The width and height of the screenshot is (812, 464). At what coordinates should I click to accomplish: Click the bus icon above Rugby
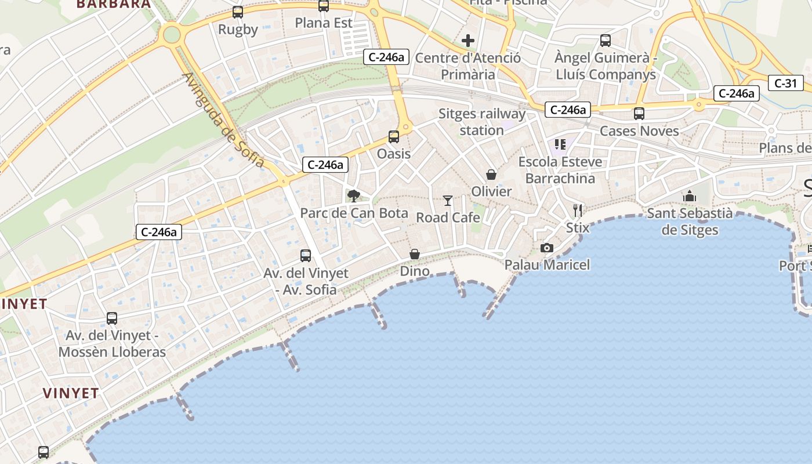238,12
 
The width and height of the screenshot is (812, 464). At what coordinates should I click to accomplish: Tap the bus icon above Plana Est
324,6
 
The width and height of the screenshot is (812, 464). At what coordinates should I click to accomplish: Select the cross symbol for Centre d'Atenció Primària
468,41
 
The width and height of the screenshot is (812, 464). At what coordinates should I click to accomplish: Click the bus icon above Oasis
394,137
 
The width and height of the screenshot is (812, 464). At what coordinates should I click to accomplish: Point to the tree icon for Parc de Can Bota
353,196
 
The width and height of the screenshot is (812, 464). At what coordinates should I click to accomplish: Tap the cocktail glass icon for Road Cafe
448,201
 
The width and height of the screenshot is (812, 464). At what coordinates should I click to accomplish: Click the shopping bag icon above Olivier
491,175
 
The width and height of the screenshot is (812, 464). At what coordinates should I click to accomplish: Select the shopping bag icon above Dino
415,254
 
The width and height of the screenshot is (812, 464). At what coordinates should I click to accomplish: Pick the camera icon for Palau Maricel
546,248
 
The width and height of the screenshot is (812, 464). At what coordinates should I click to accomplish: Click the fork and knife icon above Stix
578,210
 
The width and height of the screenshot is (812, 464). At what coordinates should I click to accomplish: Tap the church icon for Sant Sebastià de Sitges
690,197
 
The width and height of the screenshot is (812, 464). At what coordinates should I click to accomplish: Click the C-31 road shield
786,83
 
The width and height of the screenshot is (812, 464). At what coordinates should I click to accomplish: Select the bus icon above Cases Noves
639,114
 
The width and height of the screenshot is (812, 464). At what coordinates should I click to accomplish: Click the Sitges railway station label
481,122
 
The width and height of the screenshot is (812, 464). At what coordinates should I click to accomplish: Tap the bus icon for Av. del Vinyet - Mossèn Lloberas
112,318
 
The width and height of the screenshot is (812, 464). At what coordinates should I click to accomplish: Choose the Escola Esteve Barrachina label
560,170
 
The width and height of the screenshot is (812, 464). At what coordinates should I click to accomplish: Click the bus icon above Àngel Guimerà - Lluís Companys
606,41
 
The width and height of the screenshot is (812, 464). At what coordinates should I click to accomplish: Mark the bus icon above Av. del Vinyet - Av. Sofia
306,255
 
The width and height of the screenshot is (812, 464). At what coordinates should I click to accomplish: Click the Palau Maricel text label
547,265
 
